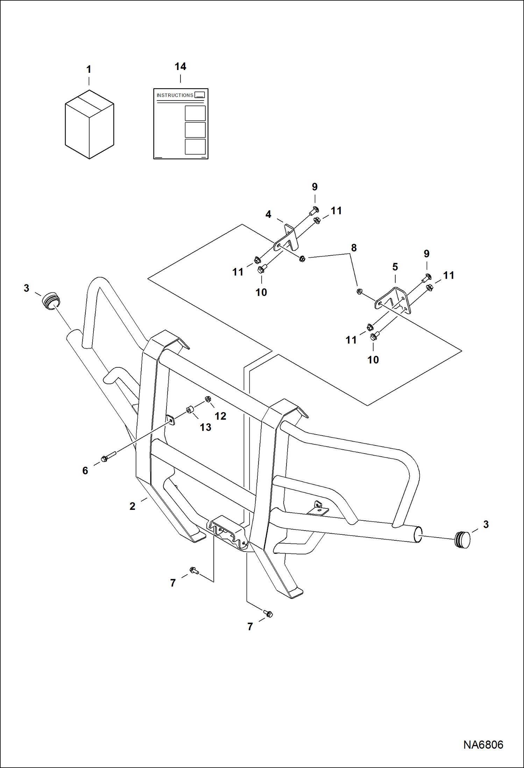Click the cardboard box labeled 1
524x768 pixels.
(x=90, y=124)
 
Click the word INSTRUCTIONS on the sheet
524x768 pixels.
(x=175, y=95)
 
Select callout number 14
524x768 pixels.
(x=180, y=67)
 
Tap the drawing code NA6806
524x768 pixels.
(x=483, y=744)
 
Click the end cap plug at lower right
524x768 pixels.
(x=462, y=539)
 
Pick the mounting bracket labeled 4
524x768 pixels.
(x=288, y=238)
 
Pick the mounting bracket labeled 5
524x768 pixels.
(x=394, y=300)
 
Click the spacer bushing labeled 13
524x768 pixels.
(x=190, y=409)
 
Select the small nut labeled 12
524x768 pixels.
(x=208, y=399)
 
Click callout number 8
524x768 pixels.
(x=354, y=248)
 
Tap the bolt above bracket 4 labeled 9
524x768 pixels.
(x=314, y=211)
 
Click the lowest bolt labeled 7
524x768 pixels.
(x=268, y=614)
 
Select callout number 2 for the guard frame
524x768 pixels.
(x=132, y=506)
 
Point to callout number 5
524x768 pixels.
(x=395, y=267)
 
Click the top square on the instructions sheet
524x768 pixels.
(x=195, y=113)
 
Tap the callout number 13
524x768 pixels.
(x=205, y=427)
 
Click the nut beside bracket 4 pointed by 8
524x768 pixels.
(x=302, y=259)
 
